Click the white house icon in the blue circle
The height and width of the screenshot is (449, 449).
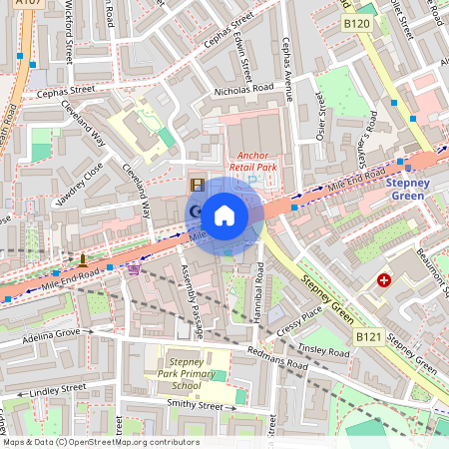[224, 215]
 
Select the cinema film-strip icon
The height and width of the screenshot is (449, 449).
[198, 185]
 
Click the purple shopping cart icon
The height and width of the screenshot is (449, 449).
[134, 267]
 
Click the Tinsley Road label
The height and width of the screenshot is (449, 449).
[323, 351]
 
